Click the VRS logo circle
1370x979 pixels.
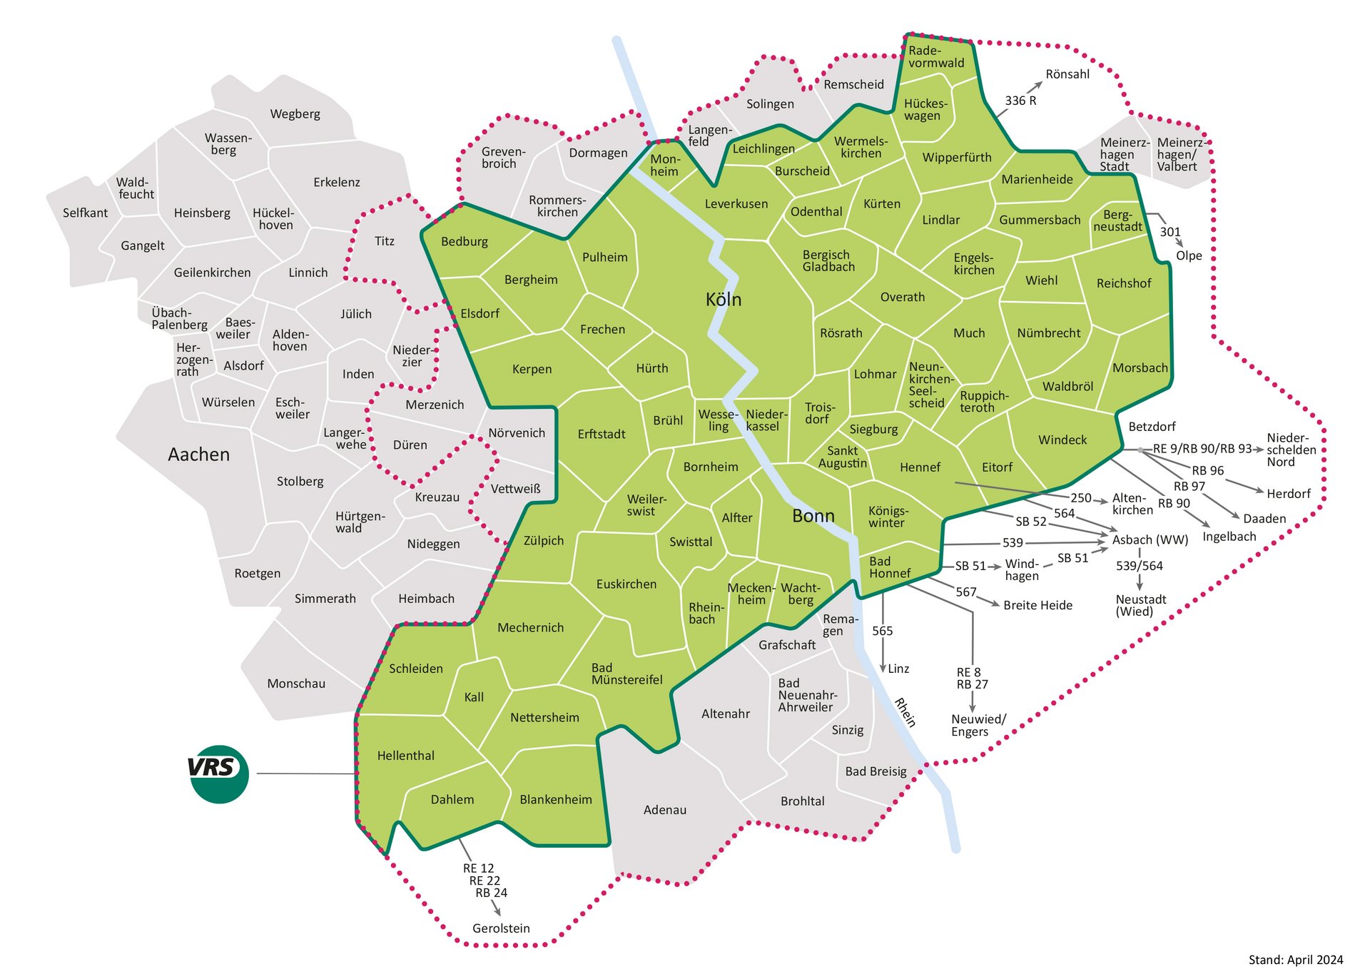pos(219,773)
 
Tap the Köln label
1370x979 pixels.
pos(723,300)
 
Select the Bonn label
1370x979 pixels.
pos(813,516)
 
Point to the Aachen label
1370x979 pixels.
pos(198,455)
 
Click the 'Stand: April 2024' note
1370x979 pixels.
pos(1295,960)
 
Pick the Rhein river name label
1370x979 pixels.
pos(905,712)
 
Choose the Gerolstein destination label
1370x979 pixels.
pos(501,928)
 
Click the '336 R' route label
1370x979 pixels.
pos(1020,101)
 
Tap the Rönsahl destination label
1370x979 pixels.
pos(1067,74)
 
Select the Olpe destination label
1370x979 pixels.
pos(1189,255)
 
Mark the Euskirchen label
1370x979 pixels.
pos(626,584)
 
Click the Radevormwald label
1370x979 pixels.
pos(935,57)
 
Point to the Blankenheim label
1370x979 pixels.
pos(555,800)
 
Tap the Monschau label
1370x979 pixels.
pos(296,684)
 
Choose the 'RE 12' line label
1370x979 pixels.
pos(478,868)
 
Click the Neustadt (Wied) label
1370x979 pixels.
pos(1140,605)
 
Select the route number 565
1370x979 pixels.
pos(882,631)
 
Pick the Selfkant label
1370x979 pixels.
pos(85,213)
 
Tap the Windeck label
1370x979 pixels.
pos(1062,440)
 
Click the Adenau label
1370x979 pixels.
pos(664,810)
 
